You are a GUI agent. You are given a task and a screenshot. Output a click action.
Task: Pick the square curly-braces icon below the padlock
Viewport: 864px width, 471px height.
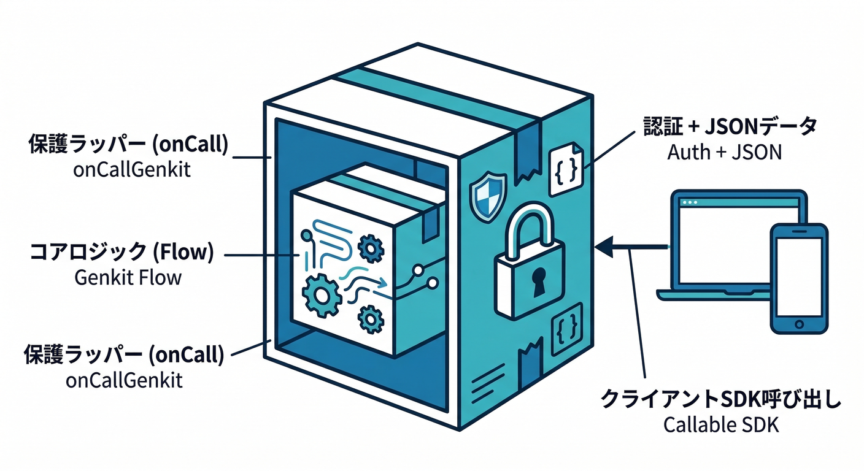coord(565,332)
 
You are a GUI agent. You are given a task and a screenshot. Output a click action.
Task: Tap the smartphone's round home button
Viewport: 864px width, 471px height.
coord(799,323)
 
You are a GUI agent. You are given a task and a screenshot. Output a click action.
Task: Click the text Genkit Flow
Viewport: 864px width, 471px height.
coord(128,277)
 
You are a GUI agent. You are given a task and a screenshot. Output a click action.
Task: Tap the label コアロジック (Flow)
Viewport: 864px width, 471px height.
coord(121,253)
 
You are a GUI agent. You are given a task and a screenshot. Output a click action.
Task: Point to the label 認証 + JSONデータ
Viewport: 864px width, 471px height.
coord(730,127)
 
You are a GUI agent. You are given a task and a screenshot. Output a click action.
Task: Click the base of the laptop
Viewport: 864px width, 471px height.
coord(712,294)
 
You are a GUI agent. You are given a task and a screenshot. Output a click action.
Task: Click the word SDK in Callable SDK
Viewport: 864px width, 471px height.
coord(760,425)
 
